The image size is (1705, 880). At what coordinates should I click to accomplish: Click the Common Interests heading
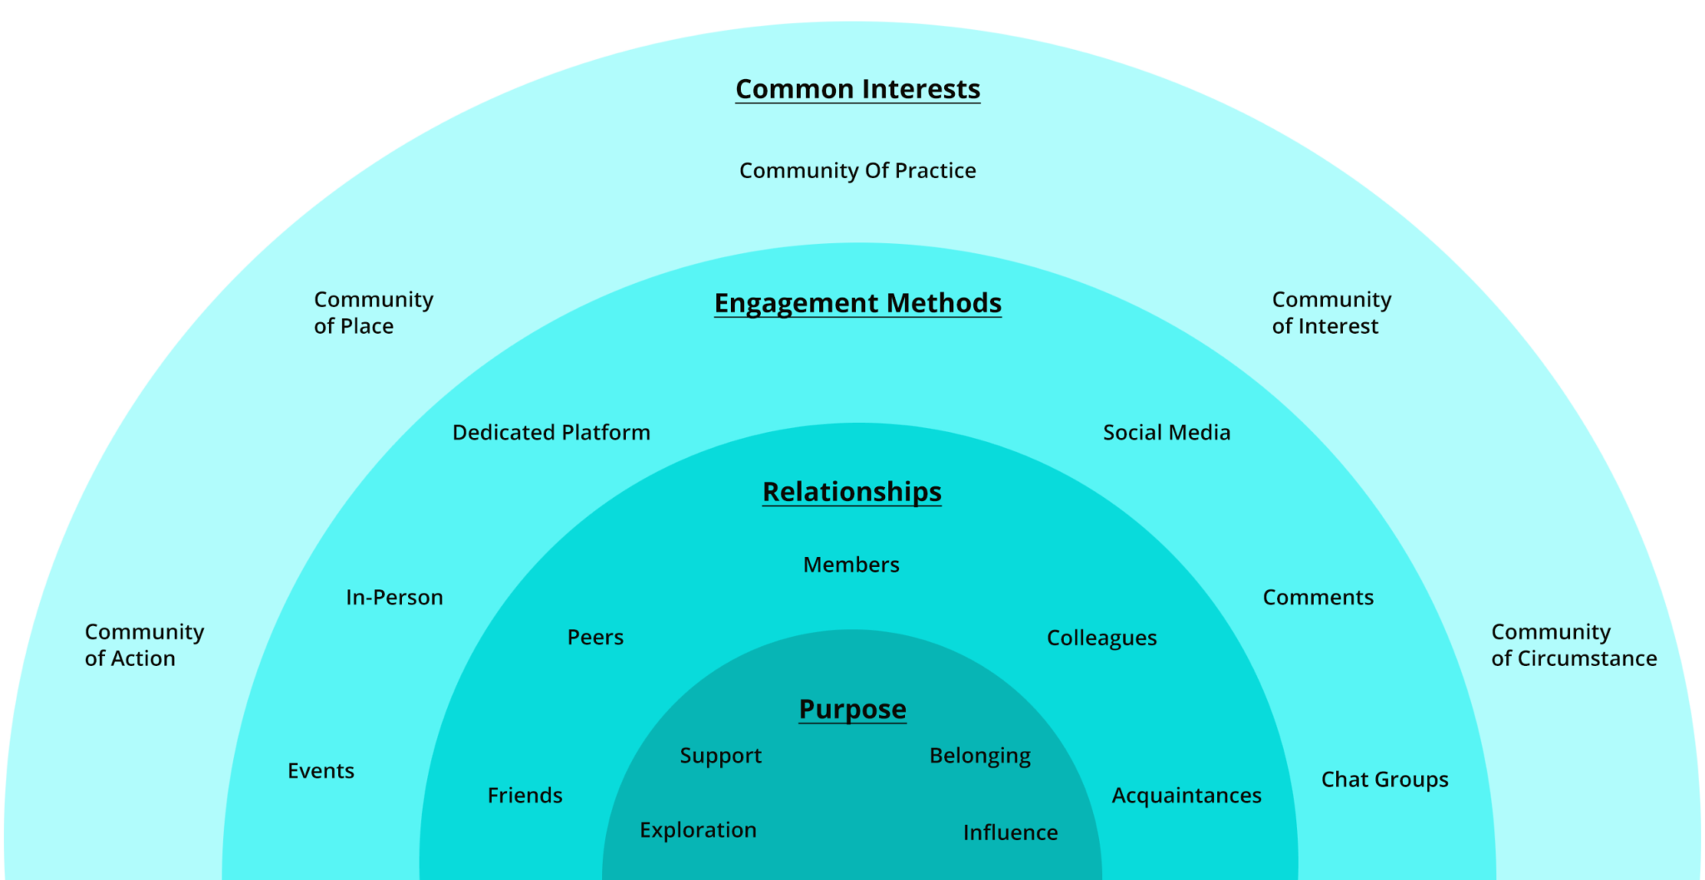(x=857, y=89)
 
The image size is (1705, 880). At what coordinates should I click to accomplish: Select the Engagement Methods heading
(x=857, y=303)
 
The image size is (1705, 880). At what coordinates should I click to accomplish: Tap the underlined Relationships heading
(x=852, y=492)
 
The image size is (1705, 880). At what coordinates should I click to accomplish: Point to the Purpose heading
(x=852, y=709)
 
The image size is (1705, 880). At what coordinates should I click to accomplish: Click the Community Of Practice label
(x=857, y=171)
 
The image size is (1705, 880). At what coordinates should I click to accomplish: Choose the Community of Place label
(x=373, y=313)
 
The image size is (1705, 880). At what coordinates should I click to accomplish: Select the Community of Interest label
(x=1331, y=313)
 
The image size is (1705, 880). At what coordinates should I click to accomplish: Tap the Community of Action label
(x=144, y=645)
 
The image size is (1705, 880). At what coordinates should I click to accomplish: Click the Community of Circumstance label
(x=1573, y=645)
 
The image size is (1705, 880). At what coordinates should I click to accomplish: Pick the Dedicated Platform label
(x=551, y=433)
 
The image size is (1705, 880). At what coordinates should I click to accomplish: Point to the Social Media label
(x=1166, y=433)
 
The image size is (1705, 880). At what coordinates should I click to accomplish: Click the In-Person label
(x=395, y=598)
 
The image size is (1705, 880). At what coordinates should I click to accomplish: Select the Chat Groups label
(x=1384, y=780)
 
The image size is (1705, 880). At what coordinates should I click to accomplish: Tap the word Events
(x=321, y=771)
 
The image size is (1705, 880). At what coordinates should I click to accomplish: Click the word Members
(x=851, y=565)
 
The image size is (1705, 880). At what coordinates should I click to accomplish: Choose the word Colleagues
(x=1101, y=639)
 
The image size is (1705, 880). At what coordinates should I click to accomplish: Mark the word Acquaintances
(x=1186, y=796)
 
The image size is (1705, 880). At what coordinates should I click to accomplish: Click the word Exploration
(x=698, y=831)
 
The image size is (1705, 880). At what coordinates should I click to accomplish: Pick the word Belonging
(x=980, y=756)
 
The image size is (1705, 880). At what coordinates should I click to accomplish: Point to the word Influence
(x=1010, y=833)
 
